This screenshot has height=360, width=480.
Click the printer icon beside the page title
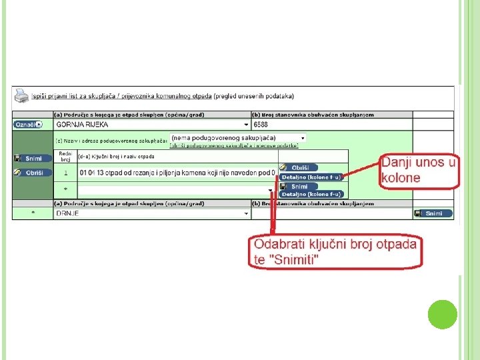pos(22,95)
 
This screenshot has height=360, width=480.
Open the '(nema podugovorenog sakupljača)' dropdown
pos(238,137)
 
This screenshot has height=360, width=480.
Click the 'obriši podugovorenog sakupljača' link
pos(233,145)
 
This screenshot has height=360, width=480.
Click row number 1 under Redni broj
pos(65,172)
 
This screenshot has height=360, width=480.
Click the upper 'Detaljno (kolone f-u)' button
pos(311,177)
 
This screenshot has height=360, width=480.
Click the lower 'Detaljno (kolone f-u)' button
pos(311,194)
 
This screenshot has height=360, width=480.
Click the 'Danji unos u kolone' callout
pos(419,171)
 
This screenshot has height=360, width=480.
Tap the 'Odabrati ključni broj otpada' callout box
pos(334,251)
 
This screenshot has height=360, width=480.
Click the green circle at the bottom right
pos(443,314)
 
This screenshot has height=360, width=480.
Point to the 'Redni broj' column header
pos(65,157)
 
